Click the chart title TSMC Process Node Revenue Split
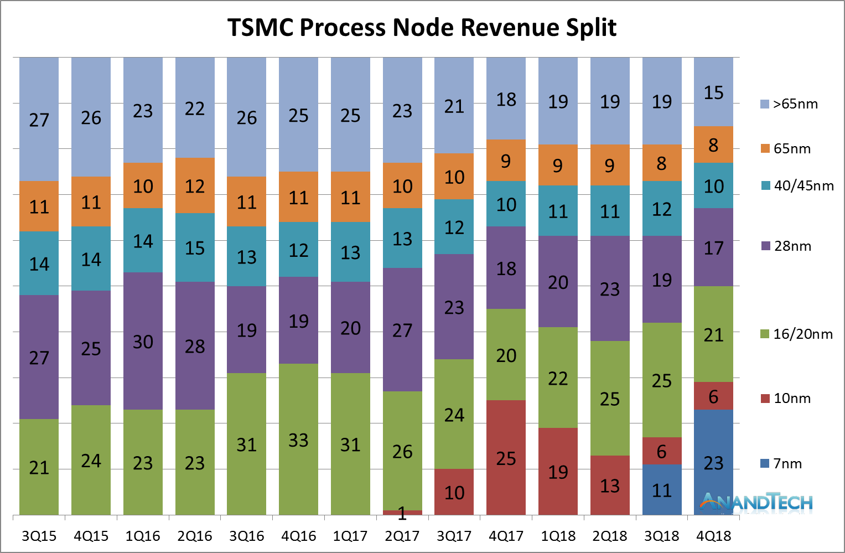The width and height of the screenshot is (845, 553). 422,28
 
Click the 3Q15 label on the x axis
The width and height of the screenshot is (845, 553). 39,536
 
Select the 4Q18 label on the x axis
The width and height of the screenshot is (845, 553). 713,536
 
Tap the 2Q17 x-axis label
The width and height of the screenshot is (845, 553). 402,536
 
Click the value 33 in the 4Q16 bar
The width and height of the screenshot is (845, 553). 298,441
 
